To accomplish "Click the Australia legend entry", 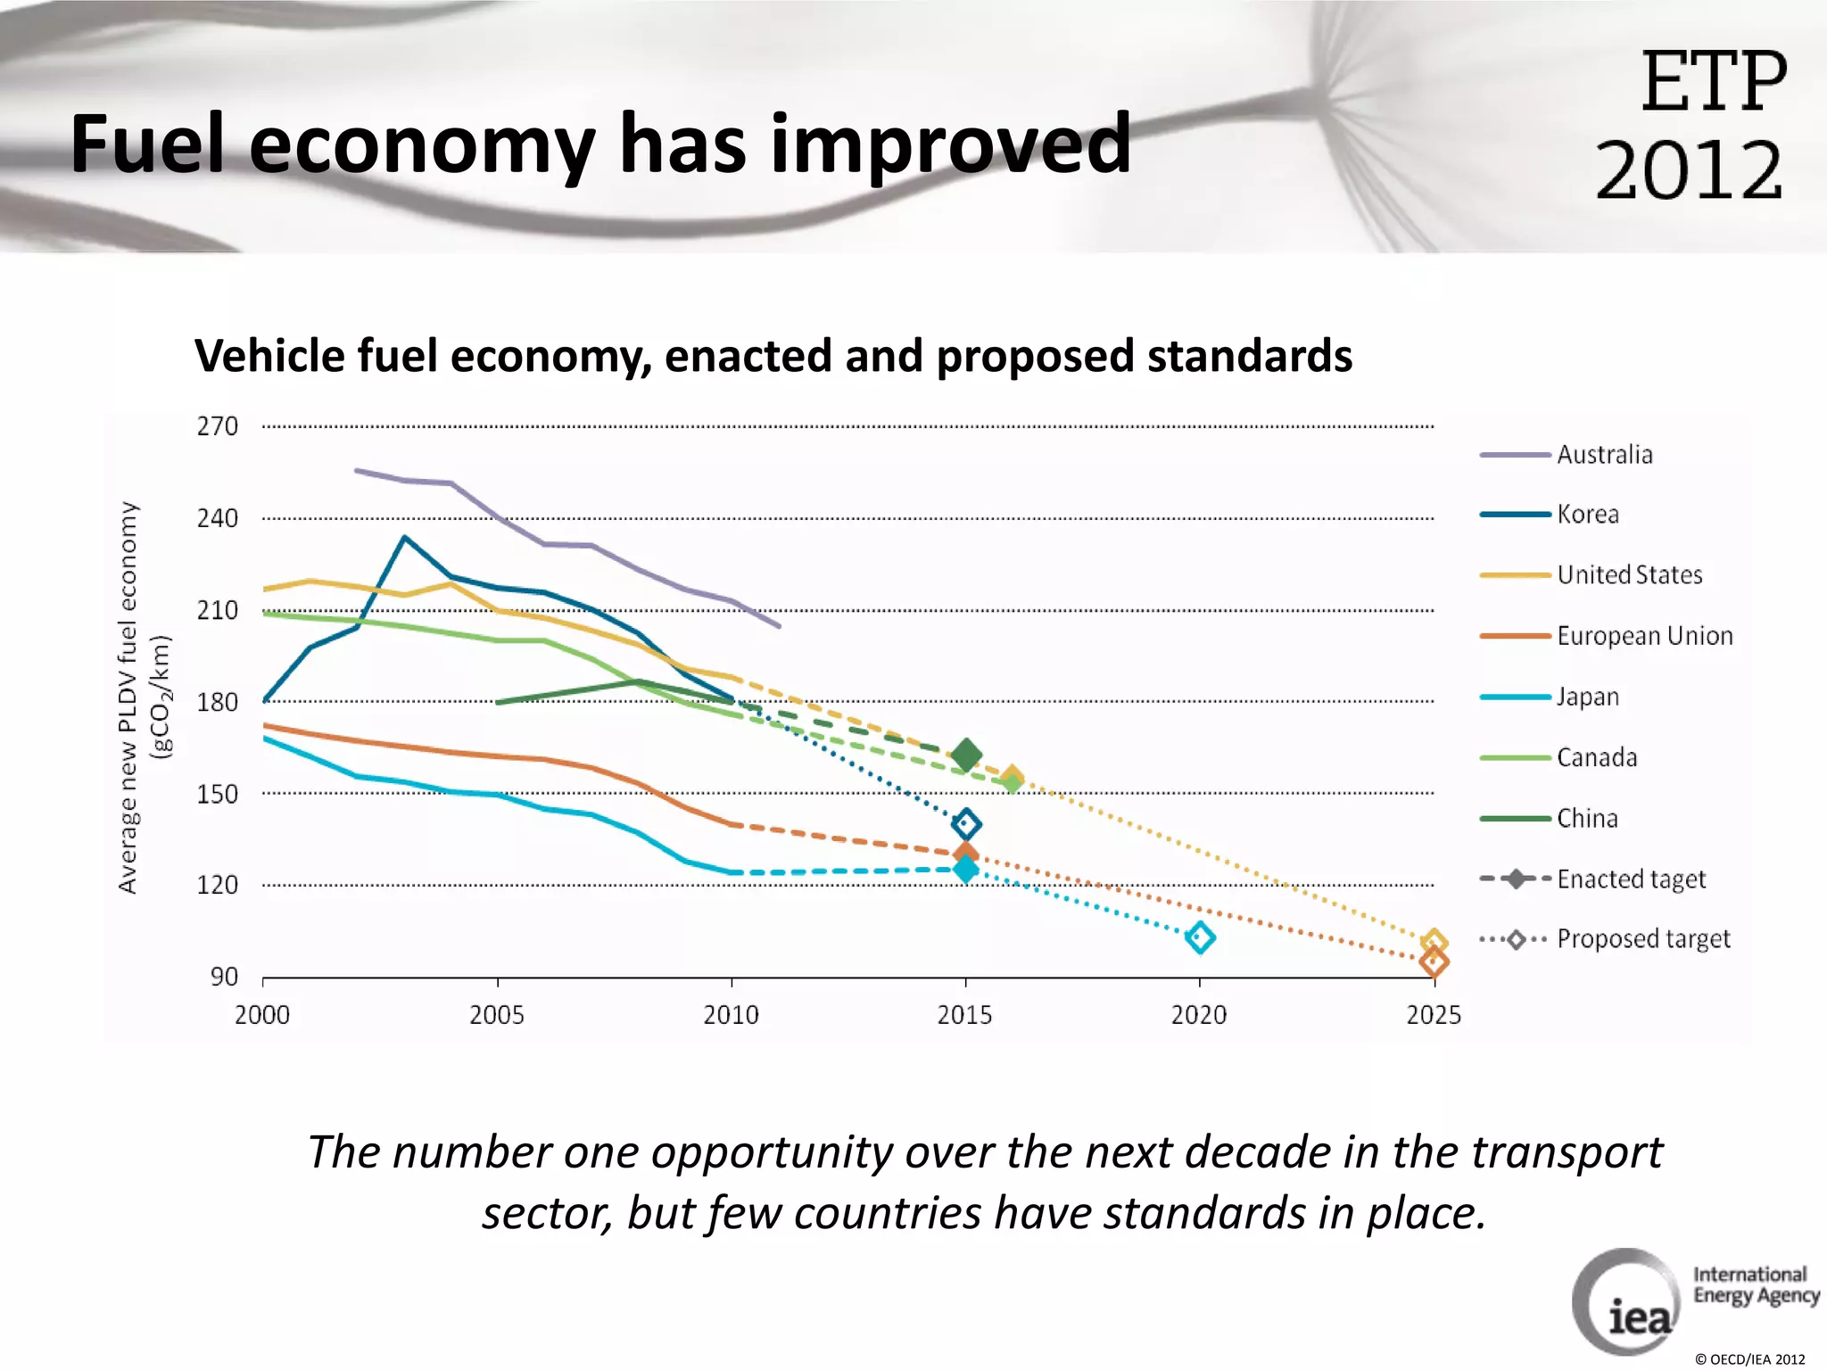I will pos(1603,455).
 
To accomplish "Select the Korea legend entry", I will pos(1587,515).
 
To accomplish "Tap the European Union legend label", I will pos(1644,636).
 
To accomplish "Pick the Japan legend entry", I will pos(1587,697).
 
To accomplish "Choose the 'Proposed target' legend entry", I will pos(1642,939).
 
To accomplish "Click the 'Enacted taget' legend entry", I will pos(1630,879).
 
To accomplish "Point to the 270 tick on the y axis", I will pos(218,426).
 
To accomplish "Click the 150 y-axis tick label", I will pos(218,794).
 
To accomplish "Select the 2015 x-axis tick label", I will pos(964,1015).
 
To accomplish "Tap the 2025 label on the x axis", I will pos(1433,1015).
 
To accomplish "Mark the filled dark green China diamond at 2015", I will pos(966,756).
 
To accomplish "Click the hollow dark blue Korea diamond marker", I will pos(966,824).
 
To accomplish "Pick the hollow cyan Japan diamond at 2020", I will pos(1200,937).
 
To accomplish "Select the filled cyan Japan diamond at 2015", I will pos(965,869).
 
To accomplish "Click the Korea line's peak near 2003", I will pos(404,538).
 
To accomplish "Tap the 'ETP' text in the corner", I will pos(1713,82).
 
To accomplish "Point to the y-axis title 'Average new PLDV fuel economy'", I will pos(128,697).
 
